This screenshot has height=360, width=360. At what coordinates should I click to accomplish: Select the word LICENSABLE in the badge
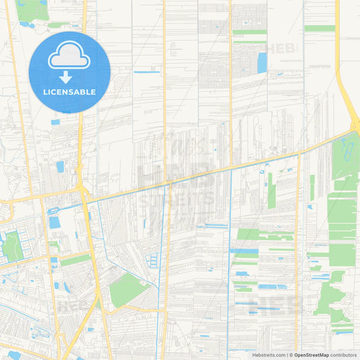point(70,92)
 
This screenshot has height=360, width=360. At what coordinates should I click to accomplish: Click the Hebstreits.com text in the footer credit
point(267,355)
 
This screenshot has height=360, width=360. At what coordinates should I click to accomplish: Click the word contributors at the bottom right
point(344,355)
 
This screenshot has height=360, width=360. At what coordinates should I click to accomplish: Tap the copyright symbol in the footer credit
point(291,355)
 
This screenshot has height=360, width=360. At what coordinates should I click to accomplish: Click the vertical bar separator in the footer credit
point(286,355)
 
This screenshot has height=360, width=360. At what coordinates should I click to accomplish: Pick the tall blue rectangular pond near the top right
point(262,62)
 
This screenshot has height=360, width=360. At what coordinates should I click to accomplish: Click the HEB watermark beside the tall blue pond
point(281,49)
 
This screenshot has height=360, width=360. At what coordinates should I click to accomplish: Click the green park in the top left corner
point(32,9)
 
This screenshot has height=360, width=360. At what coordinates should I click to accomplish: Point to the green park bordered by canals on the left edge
point(11,246)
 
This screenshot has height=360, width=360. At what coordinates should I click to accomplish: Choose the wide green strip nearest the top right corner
point(319,28)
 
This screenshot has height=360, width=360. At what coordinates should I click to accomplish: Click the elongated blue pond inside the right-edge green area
point(349,149)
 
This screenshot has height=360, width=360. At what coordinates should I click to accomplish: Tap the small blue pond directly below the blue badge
point(55,122)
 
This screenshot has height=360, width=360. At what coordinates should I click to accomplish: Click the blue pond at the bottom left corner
point(14,355)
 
